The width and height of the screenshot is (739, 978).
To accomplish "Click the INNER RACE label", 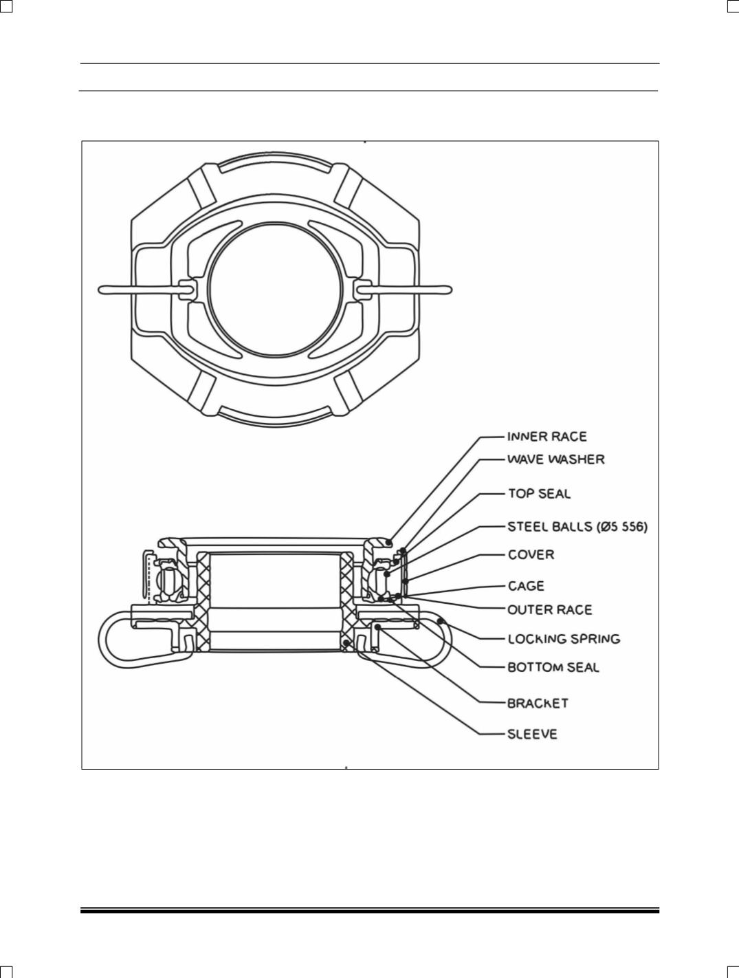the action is [547, 436].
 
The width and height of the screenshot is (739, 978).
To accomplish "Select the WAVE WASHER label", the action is [556, 459].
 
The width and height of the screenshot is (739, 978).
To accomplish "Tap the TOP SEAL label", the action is [539, 494].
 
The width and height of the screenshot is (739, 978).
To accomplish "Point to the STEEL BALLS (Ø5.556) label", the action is [577, 527].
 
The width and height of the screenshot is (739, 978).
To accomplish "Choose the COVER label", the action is [531, 555].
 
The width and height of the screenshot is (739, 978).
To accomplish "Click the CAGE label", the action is [526, 586].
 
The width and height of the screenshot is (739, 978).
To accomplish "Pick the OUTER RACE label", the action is [550, 609].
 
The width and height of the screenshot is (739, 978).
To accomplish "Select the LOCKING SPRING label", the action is [564, 639].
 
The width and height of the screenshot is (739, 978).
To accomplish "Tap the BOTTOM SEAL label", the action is [553, 667].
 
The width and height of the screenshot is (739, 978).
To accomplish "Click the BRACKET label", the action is [538, 704].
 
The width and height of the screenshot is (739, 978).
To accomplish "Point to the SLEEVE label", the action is [533, 735].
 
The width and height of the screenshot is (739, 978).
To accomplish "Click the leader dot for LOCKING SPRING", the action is [440, 620].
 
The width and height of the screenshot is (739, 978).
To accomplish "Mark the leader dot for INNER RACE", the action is [390, 543].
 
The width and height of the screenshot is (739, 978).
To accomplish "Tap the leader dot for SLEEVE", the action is [346, 643].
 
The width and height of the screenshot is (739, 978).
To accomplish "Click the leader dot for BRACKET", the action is [377, 627].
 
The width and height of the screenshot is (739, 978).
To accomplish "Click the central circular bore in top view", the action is [276, 290].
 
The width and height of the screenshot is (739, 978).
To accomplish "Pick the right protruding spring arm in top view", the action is [404, 290].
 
